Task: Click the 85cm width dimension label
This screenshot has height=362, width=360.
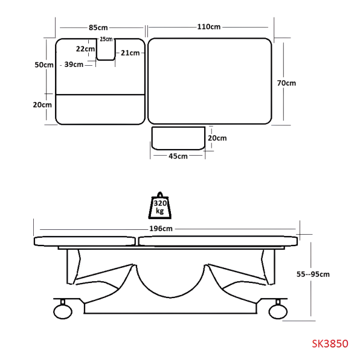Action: pos(98,28)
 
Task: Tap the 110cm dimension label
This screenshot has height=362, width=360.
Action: pos(208,27)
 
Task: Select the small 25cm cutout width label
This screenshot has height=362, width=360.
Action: pos(106,39)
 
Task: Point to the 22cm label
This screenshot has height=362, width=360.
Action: pos(85,49)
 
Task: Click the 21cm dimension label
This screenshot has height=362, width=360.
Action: pos(130,53)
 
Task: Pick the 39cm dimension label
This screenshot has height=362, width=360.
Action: pos(74,65)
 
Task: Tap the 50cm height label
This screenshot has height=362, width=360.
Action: pos(44,65)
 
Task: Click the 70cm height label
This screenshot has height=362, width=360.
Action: pos(286,83)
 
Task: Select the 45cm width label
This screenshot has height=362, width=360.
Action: pos(178,156)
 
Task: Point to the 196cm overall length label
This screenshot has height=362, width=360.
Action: pos(161,229)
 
